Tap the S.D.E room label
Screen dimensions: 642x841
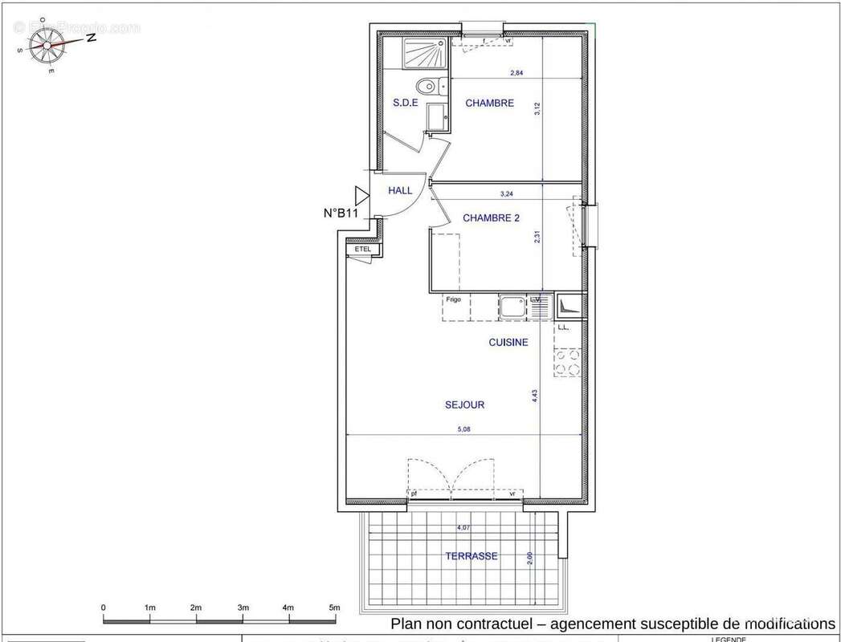(405, 103)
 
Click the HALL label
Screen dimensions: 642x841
(400, 190)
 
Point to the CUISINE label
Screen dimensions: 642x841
(508, 343)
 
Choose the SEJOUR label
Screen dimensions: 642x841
(464, 405)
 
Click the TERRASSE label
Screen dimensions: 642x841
(472, 556)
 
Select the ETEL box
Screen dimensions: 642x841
(363, 250)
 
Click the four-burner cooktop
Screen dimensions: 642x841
(567, 363)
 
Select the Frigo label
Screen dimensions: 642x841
(454, 300)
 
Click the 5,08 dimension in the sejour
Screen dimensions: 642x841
(464, 429)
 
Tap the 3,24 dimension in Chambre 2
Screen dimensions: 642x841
(507, 193)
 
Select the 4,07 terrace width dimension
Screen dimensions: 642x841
(463, 527)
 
